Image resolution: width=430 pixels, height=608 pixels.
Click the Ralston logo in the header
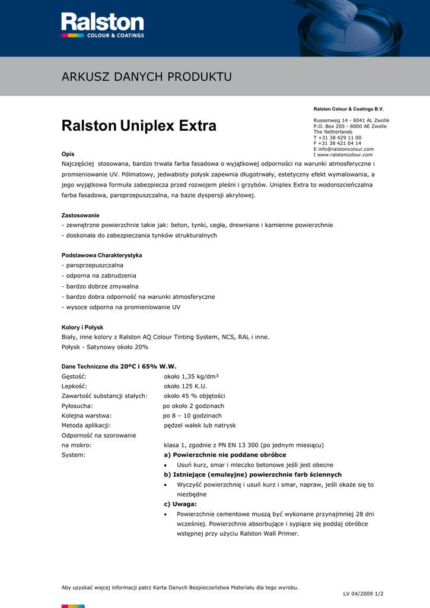click(103, 26)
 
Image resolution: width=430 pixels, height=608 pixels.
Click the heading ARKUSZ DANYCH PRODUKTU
click(146, 77)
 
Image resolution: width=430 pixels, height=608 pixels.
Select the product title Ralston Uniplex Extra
click(139, 126)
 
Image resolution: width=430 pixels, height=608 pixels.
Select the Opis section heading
click(68, 154)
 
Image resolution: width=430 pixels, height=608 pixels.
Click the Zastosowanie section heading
click(81, 215)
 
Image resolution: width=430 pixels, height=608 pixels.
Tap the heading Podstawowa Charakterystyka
click(102, 255)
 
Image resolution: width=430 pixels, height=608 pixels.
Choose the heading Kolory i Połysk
click(82, 327)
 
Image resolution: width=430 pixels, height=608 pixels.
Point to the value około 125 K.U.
click(185, 386)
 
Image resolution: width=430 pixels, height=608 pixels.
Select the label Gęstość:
click(74, 376)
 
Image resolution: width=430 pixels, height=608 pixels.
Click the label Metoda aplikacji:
click(86, 425)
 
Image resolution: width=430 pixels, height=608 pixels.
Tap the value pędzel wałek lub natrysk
click(200, 425)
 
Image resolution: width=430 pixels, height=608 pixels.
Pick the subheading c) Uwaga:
click(180, 504)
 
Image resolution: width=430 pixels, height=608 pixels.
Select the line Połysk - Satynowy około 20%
click(105, 347)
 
